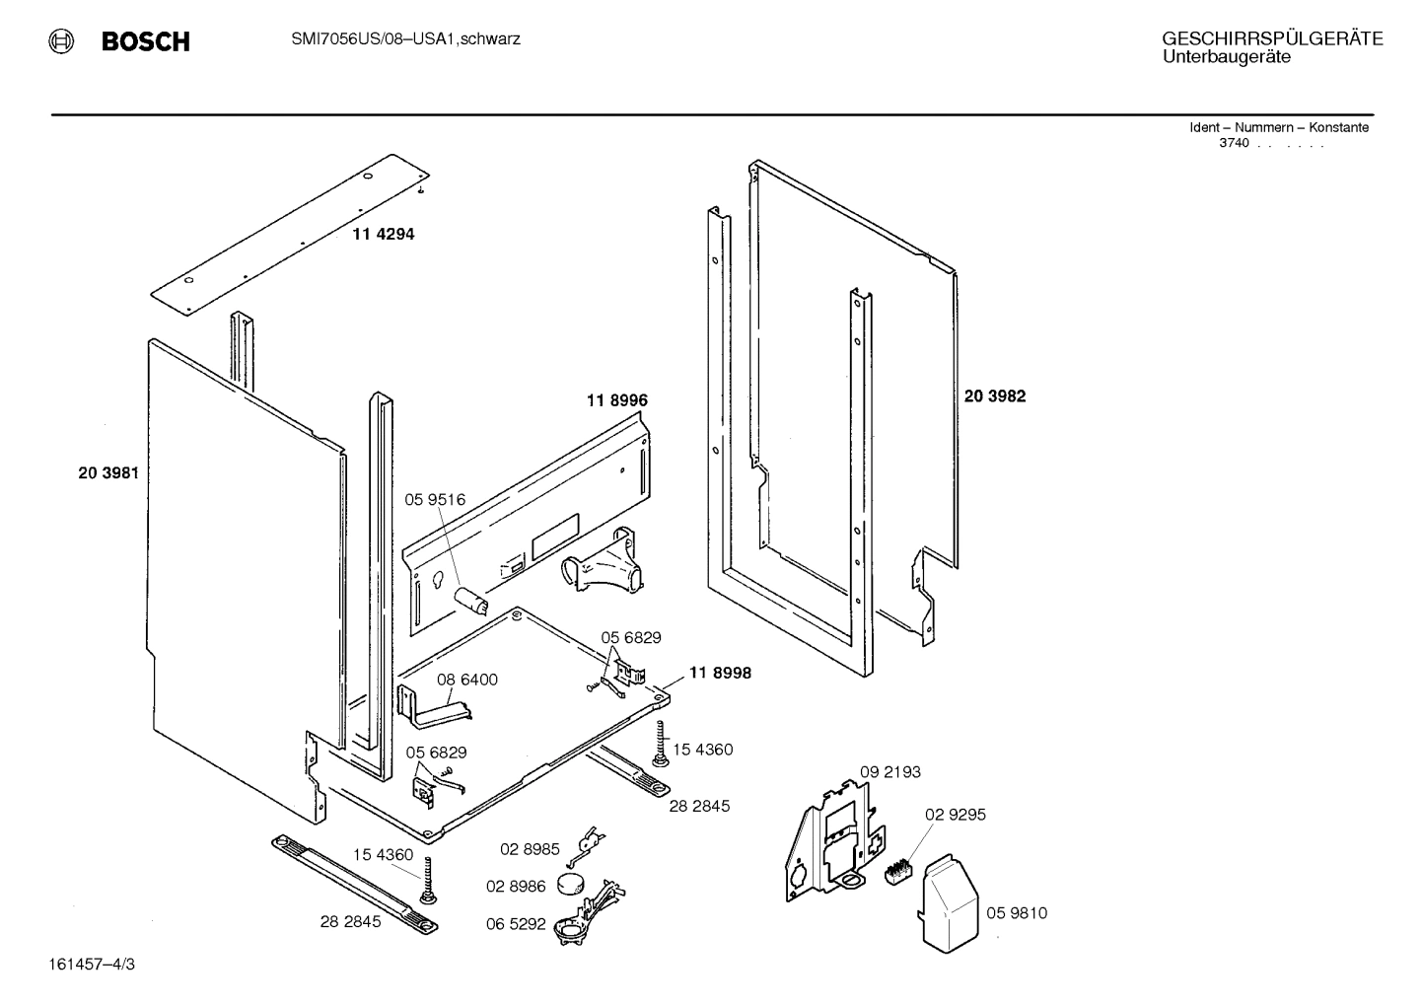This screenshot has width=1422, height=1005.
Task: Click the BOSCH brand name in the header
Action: click(x=145, y=42)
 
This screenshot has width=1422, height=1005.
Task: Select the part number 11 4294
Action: click(x=384, y=235)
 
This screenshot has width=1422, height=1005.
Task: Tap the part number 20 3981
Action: click(x=108, y=473)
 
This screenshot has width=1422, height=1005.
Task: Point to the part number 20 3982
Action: click(x=994, y=396)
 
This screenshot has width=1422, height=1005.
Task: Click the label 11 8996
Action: click(x=616, y=400)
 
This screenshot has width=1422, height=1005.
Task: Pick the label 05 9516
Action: click(x=435, y=500)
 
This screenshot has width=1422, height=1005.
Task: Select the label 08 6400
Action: click(x=467, y=680)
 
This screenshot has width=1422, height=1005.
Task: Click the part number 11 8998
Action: click(x=720, y=673)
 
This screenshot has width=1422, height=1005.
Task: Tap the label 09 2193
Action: click(x=889, y=771)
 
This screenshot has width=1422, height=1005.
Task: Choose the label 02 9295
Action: click(x=955, y=815)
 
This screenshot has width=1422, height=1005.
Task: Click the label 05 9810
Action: click(x=1017, y=913)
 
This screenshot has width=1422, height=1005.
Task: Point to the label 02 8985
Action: click(x=530, y=849)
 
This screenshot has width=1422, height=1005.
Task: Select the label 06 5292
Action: click(x=516, y=924)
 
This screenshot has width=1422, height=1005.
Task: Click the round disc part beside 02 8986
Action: click(x=572, y=883)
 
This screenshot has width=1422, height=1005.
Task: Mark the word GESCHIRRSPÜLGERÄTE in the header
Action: click(x=1272, y=38)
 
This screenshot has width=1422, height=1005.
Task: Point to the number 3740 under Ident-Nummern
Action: click(x=1234, y=143)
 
